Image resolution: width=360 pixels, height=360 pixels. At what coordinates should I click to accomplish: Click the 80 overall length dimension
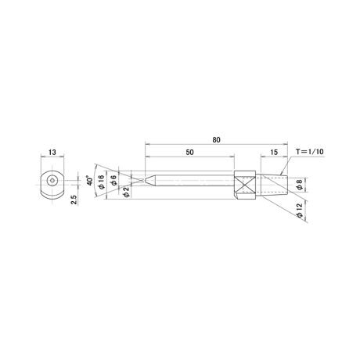(x=216, y=140)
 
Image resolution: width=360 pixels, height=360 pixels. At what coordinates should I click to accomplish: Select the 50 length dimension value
(x=190, y=152)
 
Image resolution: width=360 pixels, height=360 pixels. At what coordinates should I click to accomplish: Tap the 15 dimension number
(x=274, y=152)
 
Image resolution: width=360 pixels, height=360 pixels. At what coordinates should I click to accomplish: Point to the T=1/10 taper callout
(x=310, y=152)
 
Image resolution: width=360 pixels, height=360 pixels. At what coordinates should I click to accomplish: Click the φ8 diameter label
(x=300, y=184)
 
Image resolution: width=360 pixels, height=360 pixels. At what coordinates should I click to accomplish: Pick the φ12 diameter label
(x=300, y=211)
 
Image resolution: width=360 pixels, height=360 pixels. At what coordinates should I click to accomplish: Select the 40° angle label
(x=90, y=180)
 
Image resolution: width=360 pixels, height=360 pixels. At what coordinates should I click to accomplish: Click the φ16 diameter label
(x=101, y=182)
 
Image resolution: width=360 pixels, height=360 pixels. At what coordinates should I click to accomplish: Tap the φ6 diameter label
(x=113, y=180)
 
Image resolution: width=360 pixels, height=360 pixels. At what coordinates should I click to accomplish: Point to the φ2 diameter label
(x=126, y=192)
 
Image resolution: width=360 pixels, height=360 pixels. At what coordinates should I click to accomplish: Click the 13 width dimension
(x=52, y=152)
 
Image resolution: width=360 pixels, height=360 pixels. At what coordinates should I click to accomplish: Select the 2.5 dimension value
(x=74, y=200)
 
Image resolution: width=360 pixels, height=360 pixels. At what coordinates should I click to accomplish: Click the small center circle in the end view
(x=52, y=180)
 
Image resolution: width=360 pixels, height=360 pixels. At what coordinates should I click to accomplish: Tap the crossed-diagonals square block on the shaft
(x=245, y=185)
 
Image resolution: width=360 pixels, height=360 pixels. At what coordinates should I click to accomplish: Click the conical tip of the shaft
(x=149, y=180)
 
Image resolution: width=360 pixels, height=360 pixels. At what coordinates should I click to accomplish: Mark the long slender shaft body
(x=194, y=180)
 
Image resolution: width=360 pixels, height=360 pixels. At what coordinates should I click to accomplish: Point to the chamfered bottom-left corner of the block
(x=236, y=197)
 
